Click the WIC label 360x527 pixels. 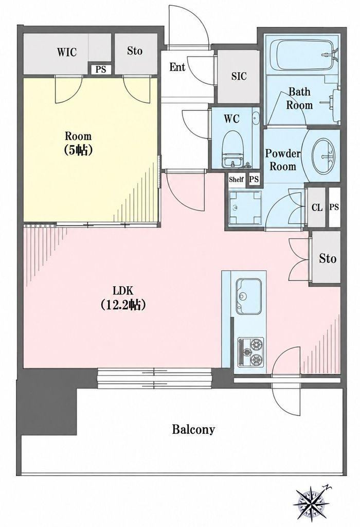[66, 52]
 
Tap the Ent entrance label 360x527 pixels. [177, 67]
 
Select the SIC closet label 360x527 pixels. [239, 76]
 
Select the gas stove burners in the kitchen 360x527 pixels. [251, 352]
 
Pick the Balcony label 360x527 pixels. [193, 429]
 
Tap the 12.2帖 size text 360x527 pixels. [123, 305]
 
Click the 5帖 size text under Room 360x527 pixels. [78, 150]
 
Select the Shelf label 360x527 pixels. [236, 179]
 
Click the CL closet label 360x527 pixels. [317, 207]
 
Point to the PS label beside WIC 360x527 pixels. [100, 69]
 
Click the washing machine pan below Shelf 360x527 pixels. [244, 207]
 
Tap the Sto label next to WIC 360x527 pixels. [134, 51]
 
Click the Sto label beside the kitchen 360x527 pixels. [327, 258]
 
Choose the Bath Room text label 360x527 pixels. [299, 98]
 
